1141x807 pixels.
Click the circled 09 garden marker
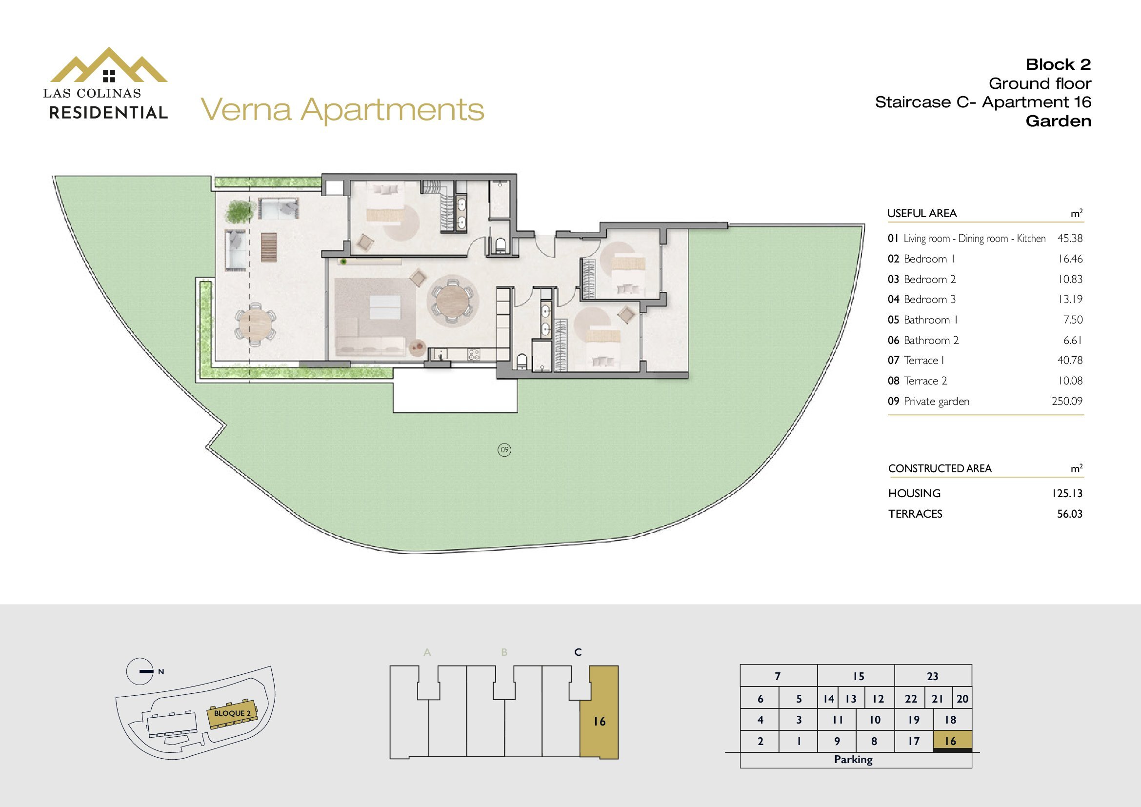click(504, 450)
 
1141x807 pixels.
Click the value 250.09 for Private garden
click(1067, 401)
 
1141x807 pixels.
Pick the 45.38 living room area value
click(1070, 238)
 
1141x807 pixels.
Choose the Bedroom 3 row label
click(922, 299)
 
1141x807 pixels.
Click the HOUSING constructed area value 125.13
click(1066, 493)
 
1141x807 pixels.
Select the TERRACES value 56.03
click(1069, 514)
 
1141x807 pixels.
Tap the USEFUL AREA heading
click(922, 214)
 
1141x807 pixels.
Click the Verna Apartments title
click(342, 110)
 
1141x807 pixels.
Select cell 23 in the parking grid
click(933, 676)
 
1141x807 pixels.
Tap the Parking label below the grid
click(853, 759)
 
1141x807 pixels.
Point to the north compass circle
click(140, 671)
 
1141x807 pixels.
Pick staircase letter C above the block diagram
click(578, 652)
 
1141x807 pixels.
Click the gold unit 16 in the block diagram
click(600, 712)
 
